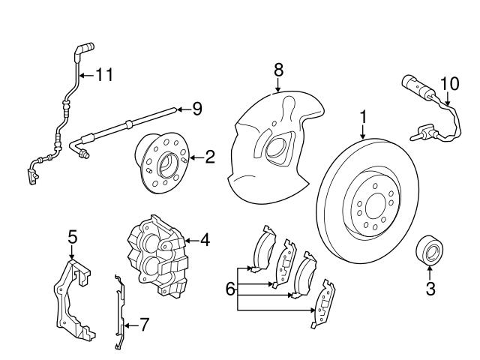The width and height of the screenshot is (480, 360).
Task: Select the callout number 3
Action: point(430,289)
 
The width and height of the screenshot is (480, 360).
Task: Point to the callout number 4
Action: point(204,241)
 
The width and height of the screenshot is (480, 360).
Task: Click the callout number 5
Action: point(72,238)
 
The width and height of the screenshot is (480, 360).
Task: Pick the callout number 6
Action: point(231,288)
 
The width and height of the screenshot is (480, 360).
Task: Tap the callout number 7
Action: point(145,325)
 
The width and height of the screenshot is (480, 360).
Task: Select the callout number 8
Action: point(278,70)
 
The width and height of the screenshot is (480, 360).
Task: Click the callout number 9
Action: point(197,109)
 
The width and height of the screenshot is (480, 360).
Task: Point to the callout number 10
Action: point(448,82)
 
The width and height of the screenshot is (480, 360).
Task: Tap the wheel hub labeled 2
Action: point(161,160)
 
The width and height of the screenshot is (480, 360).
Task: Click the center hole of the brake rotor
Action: point(370,203)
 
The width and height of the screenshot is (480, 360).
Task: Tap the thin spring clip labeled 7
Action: point(118,311)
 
